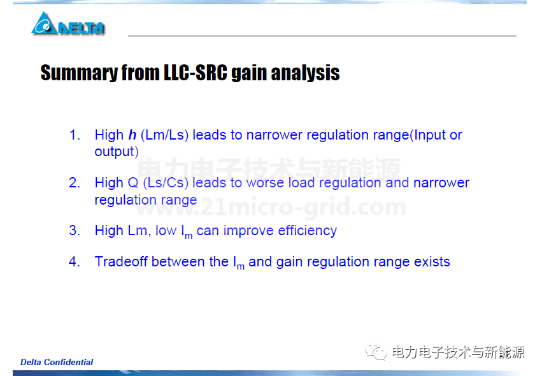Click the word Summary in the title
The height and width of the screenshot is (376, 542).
[79, 73]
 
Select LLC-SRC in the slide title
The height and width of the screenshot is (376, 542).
[196, 73]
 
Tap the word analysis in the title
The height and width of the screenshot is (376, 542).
[305, 73]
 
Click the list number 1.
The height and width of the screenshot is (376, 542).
[75, 135]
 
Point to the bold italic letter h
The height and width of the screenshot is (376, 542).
[132, 135]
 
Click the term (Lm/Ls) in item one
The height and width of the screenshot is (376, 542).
[164, 135]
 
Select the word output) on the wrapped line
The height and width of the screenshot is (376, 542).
[117, 152]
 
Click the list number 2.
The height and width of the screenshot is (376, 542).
[75, 183]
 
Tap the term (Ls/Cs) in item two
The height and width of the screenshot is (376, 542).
[166, 183]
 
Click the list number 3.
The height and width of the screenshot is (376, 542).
[75, 230]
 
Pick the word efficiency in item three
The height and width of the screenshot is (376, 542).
[307, 231]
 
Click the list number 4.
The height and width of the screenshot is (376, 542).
[75, 261]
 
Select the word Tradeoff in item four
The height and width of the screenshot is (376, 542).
[121, 261]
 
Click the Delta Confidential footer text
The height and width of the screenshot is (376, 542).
[57, 362]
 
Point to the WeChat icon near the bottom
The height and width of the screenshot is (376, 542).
[376, 352]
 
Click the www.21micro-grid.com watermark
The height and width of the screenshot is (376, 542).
[271, 206]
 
